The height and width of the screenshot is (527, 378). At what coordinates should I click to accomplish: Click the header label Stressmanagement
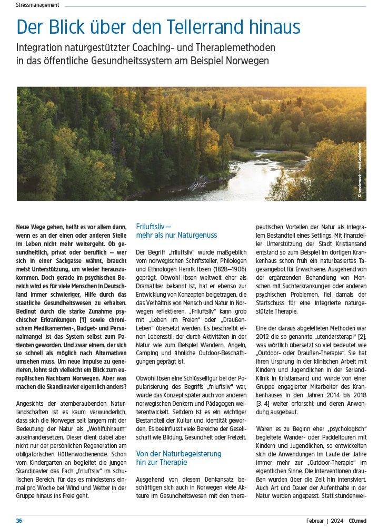click(x=37, y=5)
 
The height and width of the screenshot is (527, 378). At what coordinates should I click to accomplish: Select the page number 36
click(x=19, y=521)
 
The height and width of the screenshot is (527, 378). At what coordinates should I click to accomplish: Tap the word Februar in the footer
click(x=315, y=521)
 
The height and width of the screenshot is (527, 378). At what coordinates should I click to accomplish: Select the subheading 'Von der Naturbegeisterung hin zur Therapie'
click(x=178, y=457)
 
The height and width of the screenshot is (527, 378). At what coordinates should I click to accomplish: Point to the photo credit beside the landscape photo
click(x=360, y=170)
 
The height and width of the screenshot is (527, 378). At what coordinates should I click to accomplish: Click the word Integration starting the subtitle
click(x=40, y=47)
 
